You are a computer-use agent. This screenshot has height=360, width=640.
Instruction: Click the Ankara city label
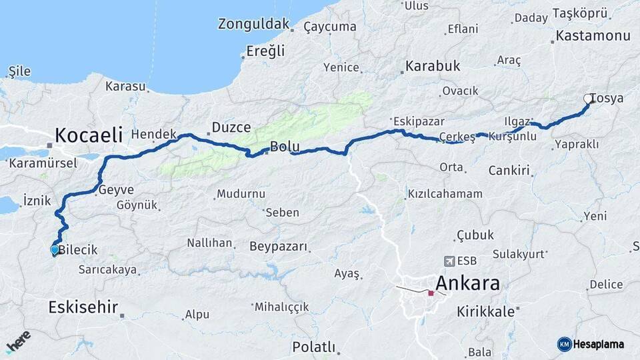467,283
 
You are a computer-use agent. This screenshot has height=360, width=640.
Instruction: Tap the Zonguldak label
254,25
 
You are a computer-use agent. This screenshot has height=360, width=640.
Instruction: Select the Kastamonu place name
593,36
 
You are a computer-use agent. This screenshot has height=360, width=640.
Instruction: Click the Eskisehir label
83,307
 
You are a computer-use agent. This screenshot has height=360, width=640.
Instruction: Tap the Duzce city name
231,127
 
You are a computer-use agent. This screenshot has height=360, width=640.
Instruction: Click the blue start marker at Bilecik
55,250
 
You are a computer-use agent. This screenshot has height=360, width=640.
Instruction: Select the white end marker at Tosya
588,99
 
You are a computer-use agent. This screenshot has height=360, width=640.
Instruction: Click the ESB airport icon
449,261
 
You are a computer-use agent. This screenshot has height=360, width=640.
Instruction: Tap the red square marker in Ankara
431,293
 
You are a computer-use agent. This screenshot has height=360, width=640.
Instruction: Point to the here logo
18,342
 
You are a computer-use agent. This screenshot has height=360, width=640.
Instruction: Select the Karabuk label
433,67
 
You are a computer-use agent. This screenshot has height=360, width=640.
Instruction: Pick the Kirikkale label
486,311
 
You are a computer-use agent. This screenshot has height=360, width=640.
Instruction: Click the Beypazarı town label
279,247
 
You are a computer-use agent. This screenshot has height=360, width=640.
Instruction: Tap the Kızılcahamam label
445,194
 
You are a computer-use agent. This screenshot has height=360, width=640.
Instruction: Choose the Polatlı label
313,347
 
